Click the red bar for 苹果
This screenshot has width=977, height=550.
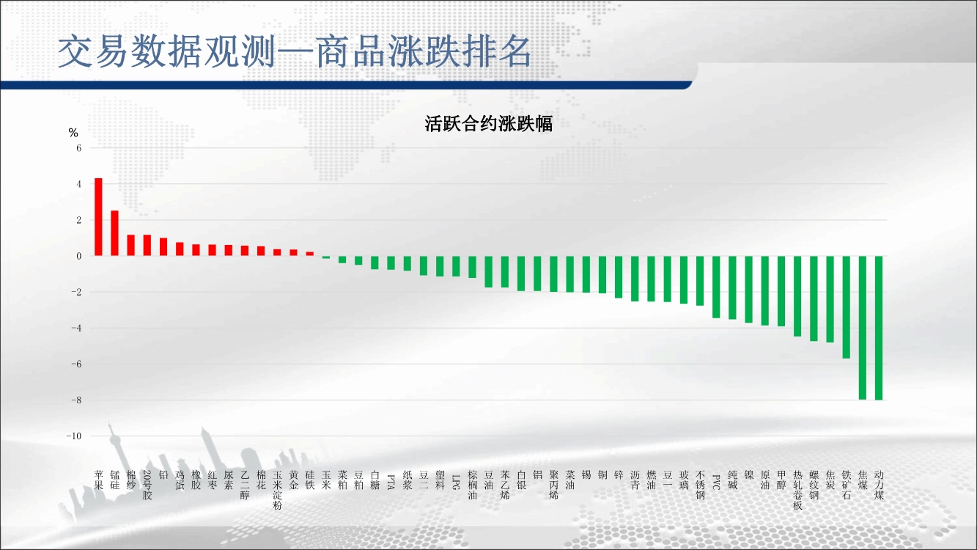(98, 217)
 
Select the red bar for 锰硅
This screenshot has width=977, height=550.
(115, 233)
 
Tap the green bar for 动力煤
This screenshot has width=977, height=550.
(879, 328)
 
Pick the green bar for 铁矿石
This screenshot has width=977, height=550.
(846, 307)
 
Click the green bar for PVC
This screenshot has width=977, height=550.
(716, 287)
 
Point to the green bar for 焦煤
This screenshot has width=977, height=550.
(863, 328)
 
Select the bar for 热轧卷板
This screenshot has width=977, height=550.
(797, 296)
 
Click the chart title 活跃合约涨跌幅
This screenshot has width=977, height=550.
(488, 124)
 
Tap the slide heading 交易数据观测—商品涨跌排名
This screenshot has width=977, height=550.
(295, 51)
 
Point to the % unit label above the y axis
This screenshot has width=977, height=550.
(73, 133)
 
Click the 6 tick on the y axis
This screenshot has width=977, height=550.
(79, 148)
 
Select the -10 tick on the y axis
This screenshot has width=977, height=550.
(74, 436)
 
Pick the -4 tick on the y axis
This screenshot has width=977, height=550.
(76, 329)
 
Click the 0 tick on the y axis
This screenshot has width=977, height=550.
(79, 256)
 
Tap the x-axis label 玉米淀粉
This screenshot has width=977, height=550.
(277, 490)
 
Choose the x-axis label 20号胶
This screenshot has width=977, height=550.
(147, 485)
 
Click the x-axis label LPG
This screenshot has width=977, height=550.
(456, 482)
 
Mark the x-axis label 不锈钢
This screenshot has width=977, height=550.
(700, 485)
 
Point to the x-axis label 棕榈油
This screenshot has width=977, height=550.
(472, 485)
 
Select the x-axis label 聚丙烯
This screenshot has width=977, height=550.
(553, 485)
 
